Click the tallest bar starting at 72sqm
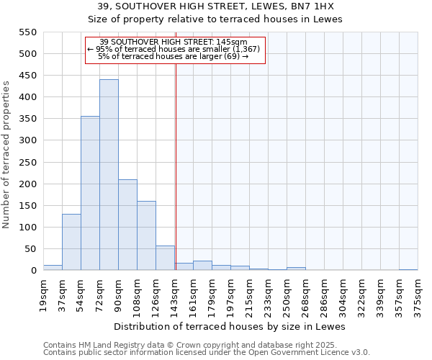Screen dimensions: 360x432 point(109,175)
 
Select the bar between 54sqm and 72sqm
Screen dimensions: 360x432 point(90,193)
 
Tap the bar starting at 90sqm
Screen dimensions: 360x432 point(127,225)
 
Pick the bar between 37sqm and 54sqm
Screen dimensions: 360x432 point(71,242)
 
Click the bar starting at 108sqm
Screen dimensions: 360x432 point(146,235)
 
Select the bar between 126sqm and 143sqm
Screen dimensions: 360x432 point(165,258)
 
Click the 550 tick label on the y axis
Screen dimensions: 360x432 point(27,32)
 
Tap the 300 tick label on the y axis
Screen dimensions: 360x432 point(27,140)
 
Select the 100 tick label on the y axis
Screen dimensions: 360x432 point(27,228)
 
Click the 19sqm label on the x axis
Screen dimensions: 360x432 point(43,293)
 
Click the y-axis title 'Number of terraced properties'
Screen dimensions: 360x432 point(6,155)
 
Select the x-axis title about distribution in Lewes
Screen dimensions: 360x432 point(230,326)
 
